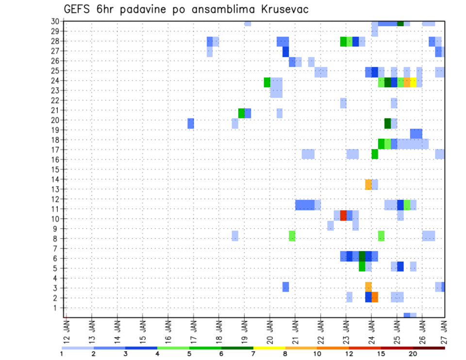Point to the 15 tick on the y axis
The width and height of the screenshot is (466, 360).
click(x=56, y=169)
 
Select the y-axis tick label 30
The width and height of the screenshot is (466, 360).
click(x=56, y=21)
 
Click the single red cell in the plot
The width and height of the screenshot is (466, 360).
click(x=343, y=215)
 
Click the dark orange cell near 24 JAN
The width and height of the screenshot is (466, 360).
click(x=375, y=296)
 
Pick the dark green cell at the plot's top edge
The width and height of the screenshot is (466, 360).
click(x=400, y=23)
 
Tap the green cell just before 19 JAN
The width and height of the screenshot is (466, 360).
click(x=241, y=113)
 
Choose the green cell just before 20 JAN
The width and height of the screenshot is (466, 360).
click(x=267, y=82)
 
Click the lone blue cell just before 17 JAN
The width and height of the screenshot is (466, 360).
click(x=191, y=123)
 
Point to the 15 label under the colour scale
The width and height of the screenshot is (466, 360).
click(x=381, y=353)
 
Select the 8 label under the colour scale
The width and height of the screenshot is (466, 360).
click(x=285, y=353)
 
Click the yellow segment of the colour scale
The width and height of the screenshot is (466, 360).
click(x=269, y=348)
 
